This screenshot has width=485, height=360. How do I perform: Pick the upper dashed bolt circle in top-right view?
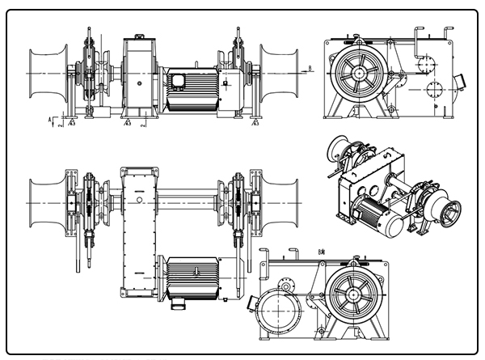[x=427, y=60]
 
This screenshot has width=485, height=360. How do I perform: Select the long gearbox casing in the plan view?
[x=137, y=231]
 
